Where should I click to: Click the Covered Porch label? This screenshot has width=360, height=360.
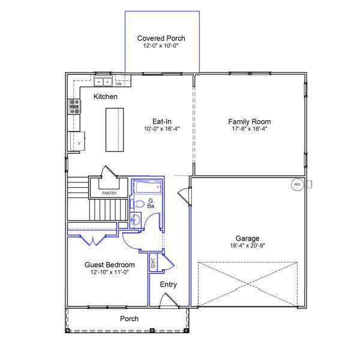[x=160, y=38]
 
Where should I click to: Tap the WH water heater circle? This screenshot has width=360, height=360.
[x=296, y=185]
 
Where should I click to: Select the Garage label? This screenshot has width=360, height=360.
[x=247, y=238]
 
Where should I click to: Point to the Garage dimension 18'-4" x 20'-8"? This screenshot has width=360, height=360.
[x=247, y=245]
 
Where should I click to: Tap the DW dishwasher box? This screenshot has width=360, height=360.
[x=119, y=84]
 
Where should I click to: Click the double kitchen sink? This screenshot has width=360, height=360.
[x=103, y=82]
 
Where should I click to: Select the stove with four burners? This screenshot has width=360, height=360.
[x=75, y=106]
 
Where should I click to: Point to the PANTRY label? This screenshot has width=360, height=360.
[x=109, y=193]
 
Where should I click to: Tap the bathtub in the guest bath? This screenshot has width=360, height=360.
[x=146, y=188]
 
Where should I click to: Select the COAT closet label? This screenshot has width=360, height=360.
[x=153, y=262]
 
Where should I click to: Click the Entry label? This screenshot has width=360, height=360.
[x=168, y=284]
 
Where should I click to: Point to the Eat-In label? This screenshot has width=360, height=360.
[x=162, y=121]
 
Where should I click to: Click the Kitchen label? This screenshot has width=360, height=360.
[x=106, y=97]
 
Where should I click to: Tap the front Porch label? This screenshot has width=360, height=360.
[x=129, y=319]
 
